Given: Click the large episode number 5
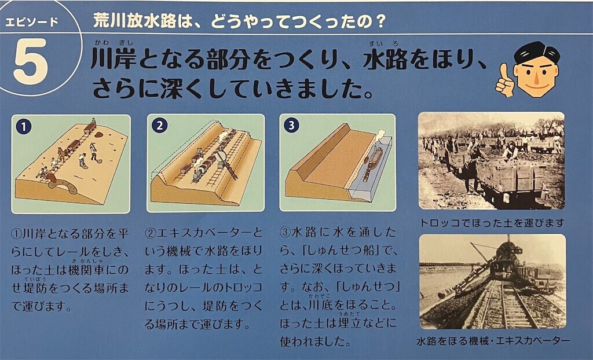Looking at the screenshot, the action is click(x=31, y=61).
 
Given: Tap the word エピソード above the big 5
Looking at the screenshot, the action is click(x=32, y=22).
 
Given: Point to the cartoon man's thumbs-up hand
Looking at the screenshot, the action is click(x=504, y=80).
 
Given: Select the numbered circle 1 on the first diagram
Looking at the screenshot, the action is click(x=23, y=127).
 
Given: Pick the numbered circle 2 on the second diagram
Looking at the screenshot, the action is click(x=160, y=126).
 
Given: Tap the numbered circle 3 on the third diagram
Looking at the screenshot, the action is click(x=291, y=125).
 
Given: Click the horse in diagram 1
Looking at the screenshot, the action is click(x=63, y=153).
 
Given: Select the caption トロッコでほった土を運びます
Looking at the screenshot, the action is click(x=492, y=223).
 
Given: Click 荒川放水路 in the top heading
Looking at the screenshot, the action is click(x=134, y=21).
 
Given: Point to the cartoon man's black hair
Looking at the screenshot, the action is click(x=536, y=53).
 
